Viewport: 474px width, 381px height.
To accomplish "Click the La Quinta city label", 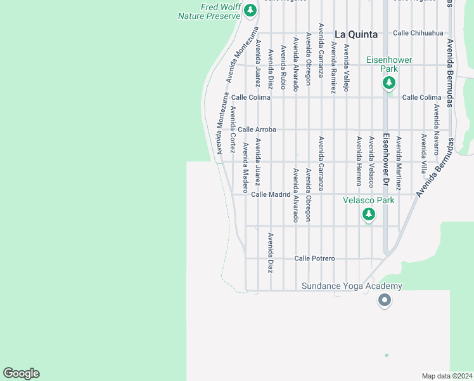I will pos(355,34).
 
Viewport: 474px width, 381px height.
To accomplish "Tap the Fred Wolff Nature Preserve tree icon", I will pos(250,10).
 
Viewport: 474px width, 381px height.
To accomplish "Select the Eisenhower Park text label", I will pos(389,64).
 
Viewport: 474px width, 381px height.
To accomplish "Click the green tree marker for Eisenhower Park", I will pos(389,83).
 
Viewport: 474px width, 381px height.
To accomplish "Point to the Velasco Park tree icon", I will pos(369,215).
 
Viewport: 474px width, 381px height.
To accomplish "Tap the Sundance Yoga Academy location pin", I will pos(383,300).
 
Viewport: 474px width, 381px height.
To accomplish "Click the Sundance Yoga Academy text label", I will pos(352,286).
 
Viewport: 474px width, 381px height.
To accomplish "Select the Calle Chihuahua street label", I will pos(418,33).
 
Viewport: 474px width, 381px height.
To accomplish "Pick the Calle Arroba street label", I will pos(257,130).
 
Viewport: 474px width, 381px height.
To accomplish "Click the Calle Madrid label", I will pos(271,194).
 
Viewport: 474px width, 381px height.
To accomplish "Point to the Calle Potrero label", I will pos(314,258).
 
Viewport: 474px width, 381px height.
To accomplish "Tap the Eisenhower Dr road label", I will pos(385,159).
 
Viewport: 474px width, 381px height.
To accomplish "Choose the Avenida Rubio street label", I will pos(283,69).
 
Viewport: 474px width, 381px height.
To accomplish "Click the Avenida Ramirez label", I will pos(333,67).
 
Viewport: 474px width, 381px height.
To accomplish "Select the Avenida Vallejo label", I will pos(346,67).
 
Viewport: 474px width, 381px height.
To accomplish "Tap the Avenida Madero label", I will pos(245,167).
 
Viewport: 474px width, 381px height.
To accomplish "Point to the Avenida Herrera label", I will pos(359,161).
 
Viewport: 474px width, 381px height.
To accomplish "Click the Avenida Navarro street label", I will pos(437,130).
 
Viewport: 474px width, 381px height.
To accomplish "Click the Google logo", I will pos(22,373).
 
